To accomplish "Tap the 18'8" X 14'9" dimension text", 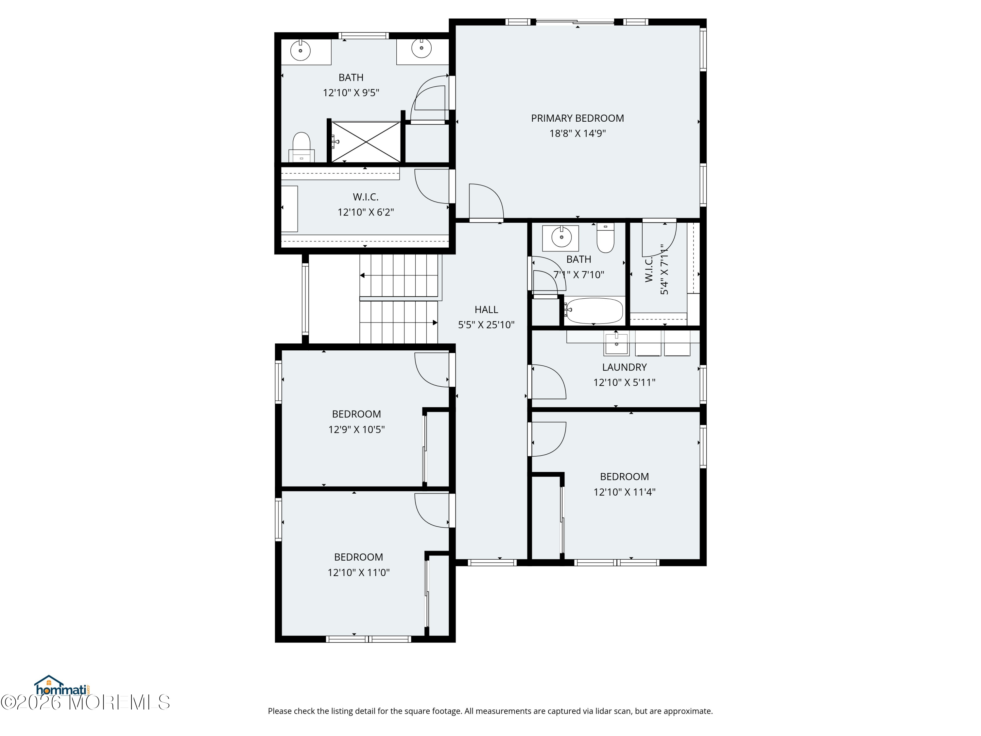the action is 577,133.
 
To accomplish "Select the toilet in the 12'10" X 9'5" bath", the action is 301,147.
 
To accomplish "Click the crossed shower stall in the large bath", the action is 366,142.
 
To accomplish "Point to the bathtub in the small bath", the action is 594,310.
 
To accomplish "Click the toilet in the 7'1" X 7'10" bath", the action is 605,237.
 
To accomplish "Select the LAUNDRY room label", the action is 625,367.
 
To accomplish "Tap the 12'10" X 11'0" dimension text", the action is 358,572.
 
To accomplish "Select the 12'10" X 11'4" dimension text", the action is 625,492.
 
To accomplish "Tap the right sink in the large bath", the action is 421,48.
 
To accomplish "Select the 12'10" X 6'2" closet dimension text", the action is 366,212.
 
